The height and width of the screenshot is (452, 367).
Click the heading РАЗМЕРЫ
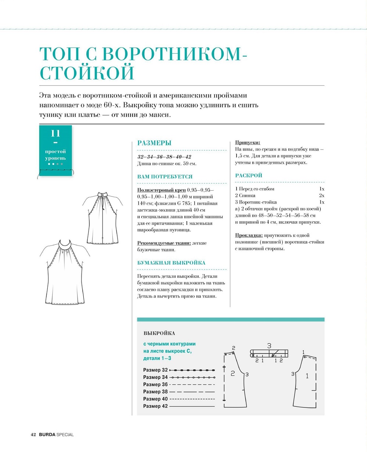(x=154, y=143)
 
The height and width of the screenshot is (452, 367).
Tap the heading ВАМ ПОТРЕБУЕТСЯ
(x=165, y=177)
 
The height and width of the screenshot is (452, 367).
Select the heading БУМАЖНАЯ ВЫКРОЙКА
(x=171, y=263)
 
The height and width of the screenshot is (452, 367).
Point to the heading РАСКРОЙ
(x=249, y=176)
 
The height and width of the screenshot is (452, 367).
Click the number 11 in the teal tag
(x=55, y=133)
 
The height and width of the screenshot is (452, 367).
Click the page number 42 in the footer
(x=33, y=435)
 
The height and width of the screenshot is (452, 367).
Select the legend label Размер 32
(x=155, y=370)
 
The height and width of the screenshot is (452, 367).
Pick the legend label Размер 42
(x=155, y=406)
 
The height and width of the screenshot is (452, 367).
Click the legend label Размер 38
(x=155, y=392)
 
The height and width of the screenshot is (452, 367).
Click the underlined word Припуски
(x=248, y=143)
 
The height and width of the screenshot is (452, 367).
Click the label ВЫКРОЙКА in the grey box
(x=159, y=333)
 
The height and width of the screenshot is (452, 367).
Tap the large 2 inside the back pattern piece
(x=233, y=374)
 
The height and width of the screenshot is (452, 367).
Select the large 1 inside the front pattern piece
(x=307, y=376)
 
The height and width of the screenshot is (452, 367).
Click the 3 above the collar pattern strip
(x=269, y=346)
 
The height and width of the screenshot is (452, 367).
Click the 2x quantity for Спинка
(x=321, y=195)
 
